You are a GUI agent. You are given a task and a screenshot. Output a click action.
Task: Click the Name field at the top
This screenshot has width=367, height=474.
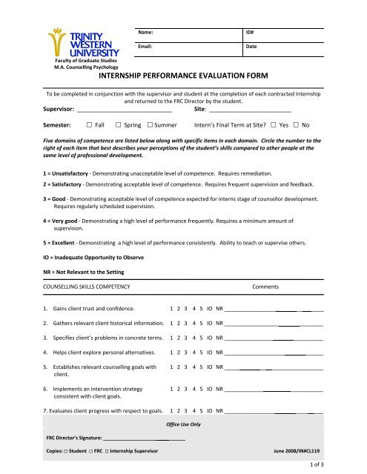[x=188, y=33]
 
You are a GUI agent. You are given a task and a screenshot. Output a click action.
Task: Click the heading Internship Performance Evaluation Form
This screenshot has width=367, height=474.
[x=186, y=76]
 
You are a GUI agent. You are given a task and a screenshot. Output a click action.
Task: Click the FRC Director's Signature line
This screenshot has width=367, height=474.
[x=145, y=436]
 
